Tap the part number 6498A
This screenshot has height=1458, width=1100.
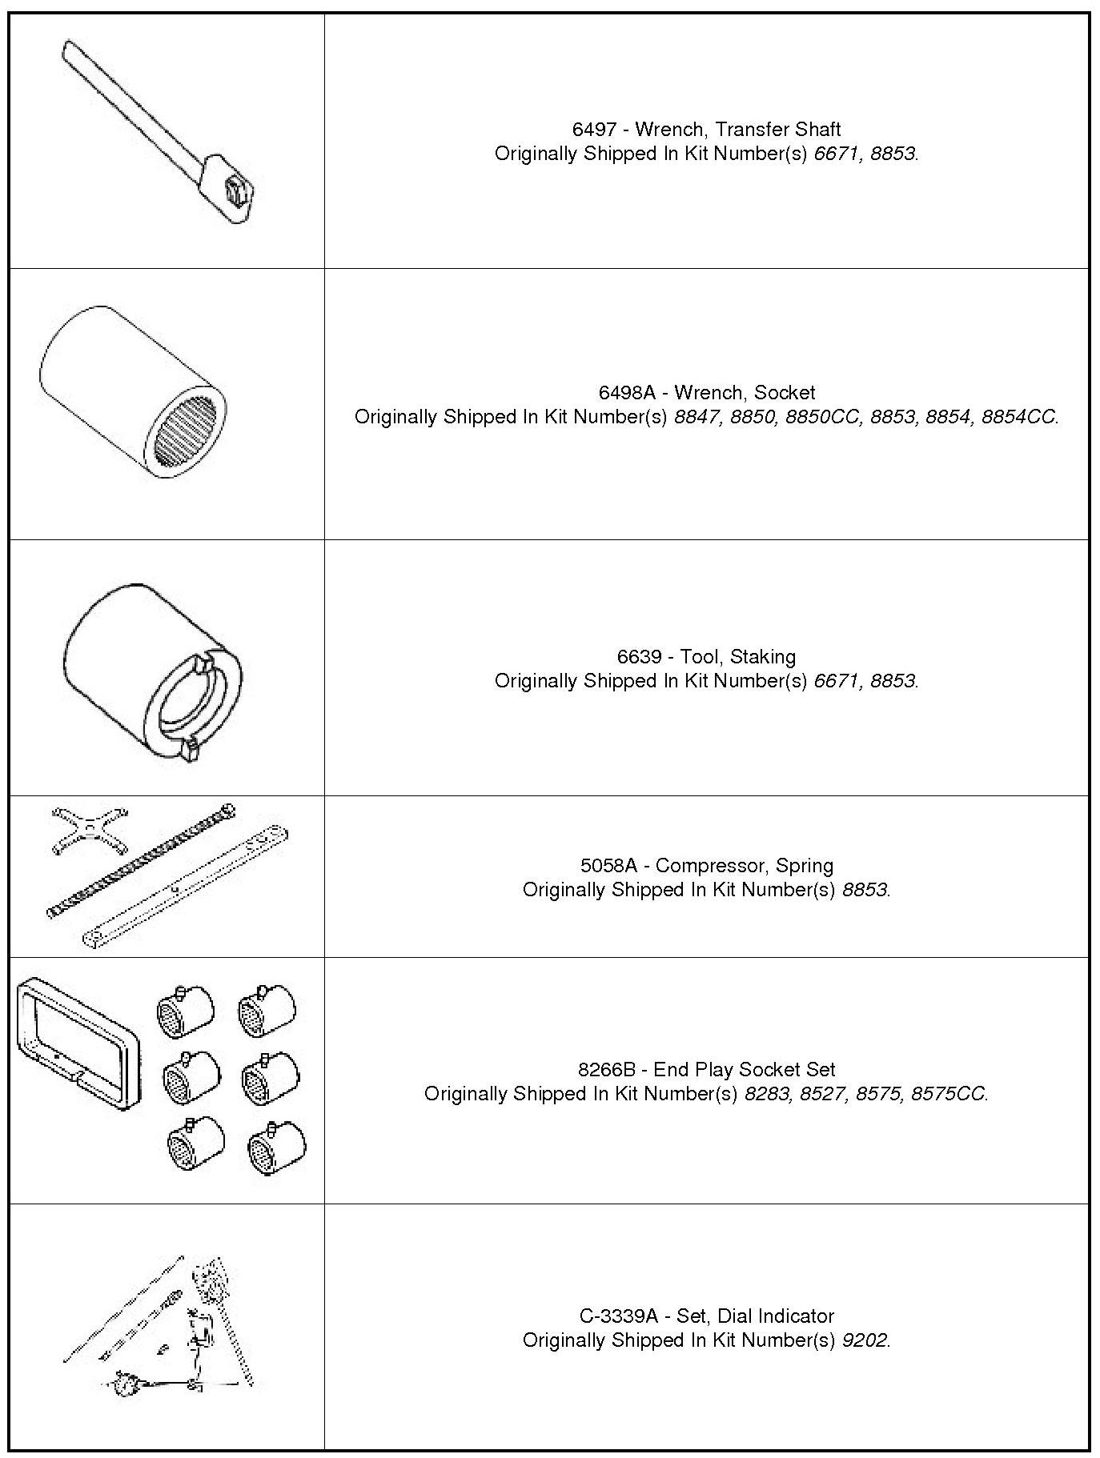point(627,393)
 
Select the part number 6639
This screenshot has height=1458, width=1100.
point(639,657)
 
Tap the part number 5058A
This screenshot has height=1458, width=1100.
point(609,866)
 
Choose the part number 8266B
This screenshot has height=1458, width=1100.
point(607,1070)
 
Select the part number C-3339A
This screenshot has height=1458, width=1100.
point(619,1316)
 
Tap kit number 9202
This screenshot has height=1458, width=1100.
point(865,1340)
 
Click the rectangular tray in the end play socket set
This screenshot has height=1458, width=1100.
point(76,1043)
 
